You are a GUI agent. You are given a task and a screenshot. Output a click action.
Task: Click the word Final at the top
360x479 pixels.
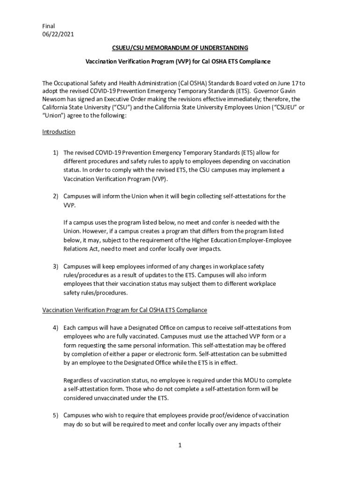point(49,26)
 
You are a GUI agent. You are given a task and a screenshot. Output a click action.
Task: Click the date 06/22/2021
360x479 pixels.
point(58,34)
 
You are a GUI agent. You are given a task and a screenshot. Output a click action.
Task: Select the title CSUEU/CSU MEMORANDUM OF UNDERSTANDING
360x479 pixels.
point(180,48)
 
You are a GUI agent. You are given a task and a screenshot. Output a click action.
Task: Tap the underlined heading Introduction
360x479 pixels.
point(58,132)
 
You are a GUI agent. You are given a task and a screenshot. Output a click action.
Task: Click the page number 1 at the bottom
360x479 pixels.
point(180,445)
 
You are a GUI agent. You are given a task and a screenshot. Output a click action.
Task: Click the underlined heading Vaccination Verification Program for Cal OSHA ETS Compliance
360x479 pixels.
point(124,310)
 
